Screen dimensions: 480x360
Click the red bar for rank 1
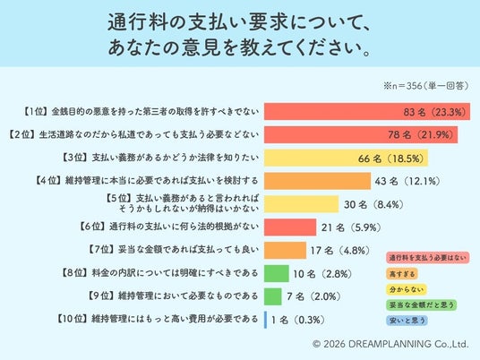pyautogui.click(x=367, y=111)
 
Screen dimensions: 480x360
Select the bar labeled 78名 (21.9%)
pyautogui.click(x=361, y=134)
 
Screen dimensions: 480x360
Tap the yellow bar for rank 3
pyautogui.click(x=346, y=158)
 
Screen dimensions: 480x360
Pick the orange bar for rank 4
pyautogui.click(x=317, y=181)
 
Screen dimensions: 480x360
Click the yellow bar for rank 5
pyautogui.click(x=302, y=204)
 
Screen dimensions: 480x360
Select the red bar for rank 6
pyautogui.click(x=290, y=227)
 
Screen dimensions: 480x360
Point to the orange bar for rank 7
pyautogui.click(x=285, y=251)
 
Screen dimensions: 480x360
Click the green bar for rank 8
pyautogui.click(x=277, y=273)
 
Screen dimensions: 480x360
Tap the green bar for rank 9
pyautogui.click(x=273, y=296)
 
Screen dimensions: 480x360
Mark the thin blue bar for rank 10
pyautogui.click(x=265, y=320)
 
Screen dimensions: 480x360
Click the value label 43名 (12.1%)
pyautogui.click(x=407, y=181)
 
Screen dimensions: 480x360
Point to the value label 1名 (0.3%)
pyautogui.click(x=298, y=321)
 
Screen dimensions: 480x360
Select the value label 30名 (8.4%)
pyautogui.click(x=373, y=204)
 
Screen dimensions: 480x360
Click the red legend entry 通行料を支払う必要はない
pyautogui.click(x=428, y=258)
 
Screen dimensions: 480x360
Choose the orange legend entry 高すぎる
pyautogui.click(x=402, y=274)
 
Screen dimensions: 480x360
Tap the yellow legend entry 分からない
pyautogui.click(x=407, y=289)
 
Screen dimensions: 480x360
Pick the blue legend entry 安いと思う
pyautogui.click(x=407, y=321)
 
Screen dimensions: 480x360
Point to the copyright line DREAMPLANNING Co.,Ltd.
pyautogui.click(x=390, y=344)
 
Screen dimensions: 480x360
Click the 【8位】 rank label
pyautogui.click(x=73, y=273)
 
